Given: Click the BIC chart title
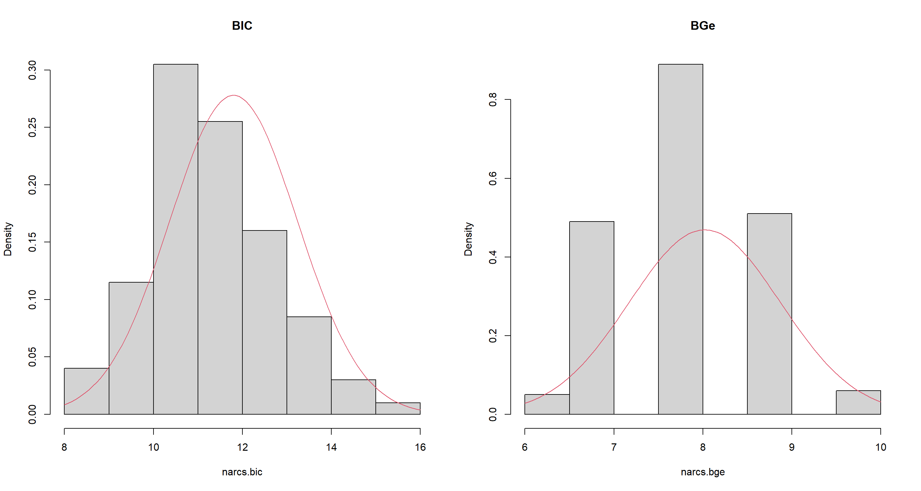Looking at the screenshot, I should pos(242,26).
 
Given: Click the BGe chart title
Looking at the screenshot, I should pos(702,26).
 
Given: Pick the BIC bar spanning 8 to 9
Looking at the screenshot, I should pos(87,391).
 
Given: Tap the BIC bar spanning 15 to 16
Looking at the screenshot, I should pos(398,409).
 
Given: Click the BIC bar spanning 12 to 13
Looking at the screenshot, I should pos(264,322).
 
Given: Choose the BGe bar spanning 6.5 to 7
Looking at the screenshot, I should pos(591,318).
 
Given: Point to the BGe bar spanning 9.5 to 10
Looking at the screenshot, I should pos(858,402).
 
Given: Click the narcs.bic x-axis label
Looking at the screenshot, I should pos(242,472).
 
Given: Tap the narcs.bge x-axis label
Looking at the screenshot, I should pos(702,472).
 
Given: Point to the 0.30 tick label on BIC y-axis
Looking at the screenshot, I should pos(33,70).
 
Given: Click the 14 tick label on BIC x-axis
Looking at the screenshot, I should pos(331,447).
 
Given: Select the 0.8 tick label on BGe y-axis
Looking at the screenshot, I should pos(493,99).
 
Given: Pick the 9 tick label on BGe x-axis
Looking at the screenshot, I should pos(791,447).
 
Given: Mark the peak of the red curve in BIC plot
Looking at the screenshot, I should pos(233,95).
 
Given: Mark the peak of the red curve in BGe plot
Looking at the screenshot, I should pos(704,230).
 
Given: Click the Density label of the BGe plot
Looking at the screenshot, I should pos(468,239).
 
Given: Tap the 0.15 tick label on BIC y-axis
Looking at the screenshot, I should pos(33,242).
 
